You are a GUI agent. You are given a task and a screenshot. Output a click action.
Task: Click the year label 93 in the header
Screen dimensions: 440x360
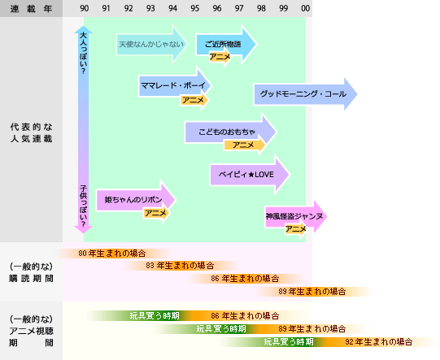tap(150, 8)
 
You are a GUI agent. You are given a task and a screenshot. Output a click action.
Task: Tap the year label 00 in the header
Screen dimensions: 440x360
tap(306, 8)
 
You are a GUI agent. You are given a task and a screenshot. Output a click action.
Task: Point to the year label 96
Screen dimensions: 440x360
tap(217, 8)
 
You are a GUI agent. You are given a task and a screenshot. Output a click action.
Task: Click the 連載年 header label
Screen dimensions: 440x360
tap(31, 9)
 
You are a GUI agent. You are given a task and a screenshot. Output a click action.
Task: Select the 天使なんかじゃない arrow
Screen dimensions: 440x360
tap(151, 44)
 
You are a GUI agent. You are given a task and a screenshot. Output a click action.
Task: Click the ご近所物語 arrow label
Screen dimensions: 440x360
tap(223, 44)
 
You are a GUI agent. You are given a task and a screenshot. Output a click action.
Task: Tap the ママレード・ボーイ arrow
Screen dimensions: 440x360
tap(175, 85)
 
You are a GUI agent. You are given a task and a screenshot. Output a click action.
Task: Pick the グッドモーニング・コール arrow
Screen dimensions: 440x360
tap(305, 94)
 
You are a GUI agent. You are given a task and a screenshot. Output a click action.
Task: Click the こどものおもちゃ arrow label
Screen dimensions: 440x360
tap(227, 132)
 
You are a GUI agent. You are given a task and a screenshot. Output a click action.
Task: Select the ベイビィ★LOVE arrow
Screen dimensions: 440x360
tap(250, 175)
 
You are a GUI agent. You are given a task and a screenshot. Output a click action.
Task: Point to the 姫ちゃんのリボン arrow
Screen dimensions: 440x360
tap(136, 200)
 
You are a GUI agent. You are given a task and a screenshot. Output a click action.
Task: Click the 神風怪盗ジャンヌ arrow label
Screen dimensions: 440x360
tap(294, 216)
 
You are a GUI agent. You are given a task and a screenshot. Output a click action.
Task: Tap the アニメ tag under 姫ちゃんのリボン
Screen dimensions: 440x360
tap(156, 213)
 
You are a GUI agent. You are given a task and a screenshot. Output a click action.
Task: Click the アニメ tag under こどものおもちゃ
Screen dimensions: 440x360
tap(244, 145)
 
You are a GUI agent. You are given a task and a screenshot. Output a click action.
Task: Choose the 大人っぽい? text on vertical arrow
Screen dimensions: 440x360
tap(83, 53)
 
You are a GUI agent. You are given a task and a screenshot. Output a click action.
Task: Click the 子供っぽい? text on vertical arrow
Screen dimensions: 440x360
tap(83, 206)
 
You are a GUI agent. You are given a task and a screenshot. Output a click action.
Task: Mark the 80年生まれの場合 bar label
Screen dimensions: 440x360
tap(112, 254)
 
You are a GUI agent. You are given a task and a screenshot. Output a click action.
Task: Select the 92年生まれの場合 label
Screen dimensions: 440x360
tap(379, 342)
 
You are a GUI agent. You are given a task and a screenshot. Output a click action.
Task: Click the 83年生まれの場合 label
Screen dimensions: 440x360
tap(180, 266)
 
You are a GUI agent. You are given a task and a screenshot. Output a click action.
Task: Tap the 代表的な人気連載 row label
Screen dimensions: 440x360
tap(31, 132)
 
